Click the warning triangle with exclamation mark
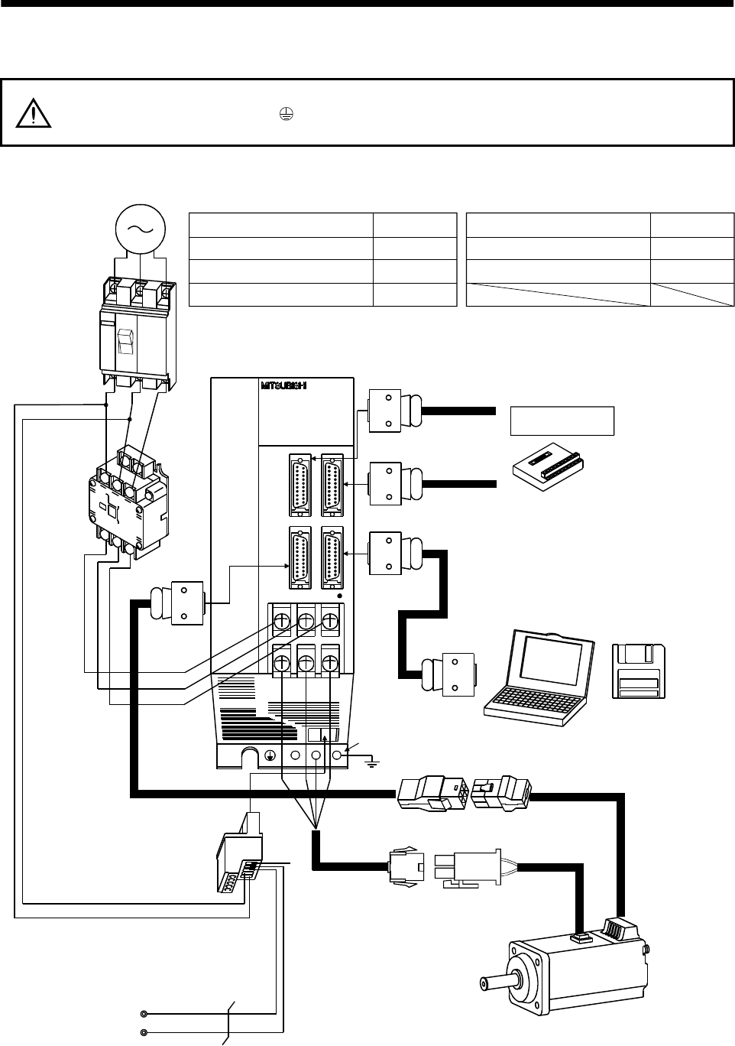click(32, 113)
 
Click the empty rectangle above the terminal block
click(562, 421)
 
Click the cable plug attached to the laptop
click(451, 674)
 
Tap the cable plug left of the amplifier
click(177, 603)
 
